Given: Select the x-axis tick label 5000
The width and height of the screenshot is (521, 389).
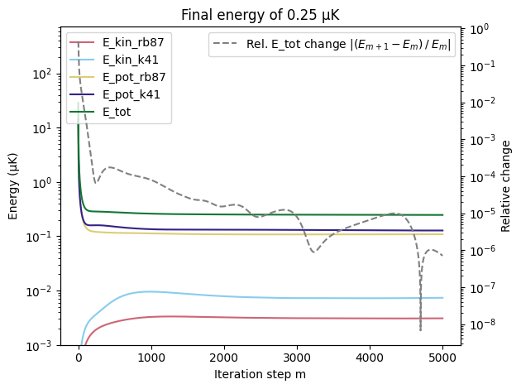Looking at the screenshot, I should point(442,358).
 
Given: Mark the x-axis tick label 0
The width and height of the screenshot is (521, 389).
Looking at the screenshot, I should point(79,358).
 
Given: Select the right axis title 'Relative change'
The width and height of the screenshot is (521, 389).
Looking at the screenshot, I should point(506,186).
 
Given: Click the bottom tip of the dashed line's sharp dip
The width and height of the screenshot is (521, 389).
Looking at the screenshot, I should point(420,331).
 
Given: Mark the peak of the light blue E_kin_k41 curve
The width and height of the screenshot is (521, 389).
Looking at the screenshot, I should point(149,291).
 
